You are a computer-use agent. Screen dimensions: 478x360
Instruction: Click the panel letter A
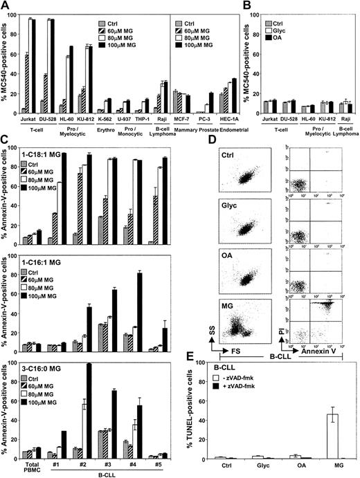[x=6, y=6]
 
